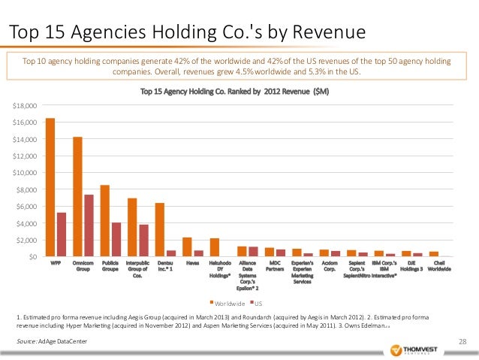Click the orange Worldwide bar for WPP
tap(50, 187)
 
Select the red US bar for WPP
tap(61, 234)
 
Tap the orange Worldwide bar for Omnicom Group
tap(77, 197)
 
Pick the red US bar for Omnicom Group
tap(88, 225)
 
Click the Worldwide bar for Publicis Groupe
tap(105, 221)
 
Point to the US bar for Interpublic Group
tap(143, 241)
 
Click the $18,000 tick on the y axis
tap(27, 105)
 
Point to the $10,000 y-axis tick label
tap(27, 173)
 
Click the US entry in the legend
tap(258, 304)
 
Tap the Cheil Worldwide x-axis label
tap(439, 266)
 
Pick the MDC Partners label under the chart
tap(275, 266)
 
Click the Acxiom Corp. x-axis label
tap(330, 266)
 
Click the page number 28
tap(462, 342)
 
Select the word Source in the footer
tap(26, 342)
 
